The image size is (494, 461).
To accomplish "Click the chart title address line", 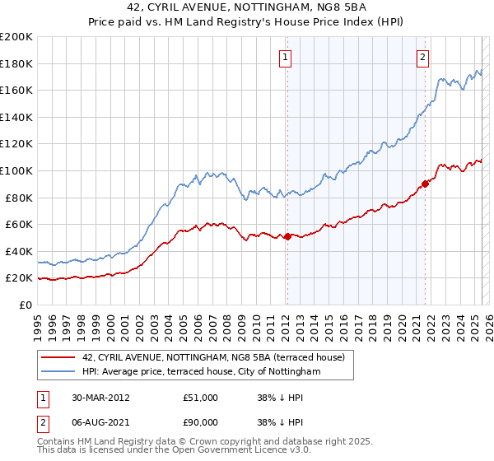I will point(247,8).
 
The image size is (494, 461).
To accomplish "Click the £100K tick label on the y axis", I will point(16,170).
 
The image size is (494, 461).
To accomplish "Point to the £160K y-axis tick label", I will point(16,90).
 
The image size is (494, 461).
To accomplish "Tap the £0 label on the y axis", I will point(25,305).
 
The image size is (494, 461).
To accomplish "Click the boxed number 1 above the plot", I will point(285,57).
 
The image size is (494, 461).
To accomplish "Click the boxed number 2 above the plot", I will point(422,57).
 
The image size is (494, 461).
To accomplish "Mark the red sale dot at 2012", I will point(287,236).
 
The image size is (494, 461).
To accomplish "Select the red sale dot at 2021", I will point(426,184).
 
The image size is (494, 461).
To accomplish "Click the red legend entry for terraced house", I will point(218,356).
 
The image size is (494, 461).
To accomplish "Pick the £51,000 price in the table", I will point(201,398).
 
